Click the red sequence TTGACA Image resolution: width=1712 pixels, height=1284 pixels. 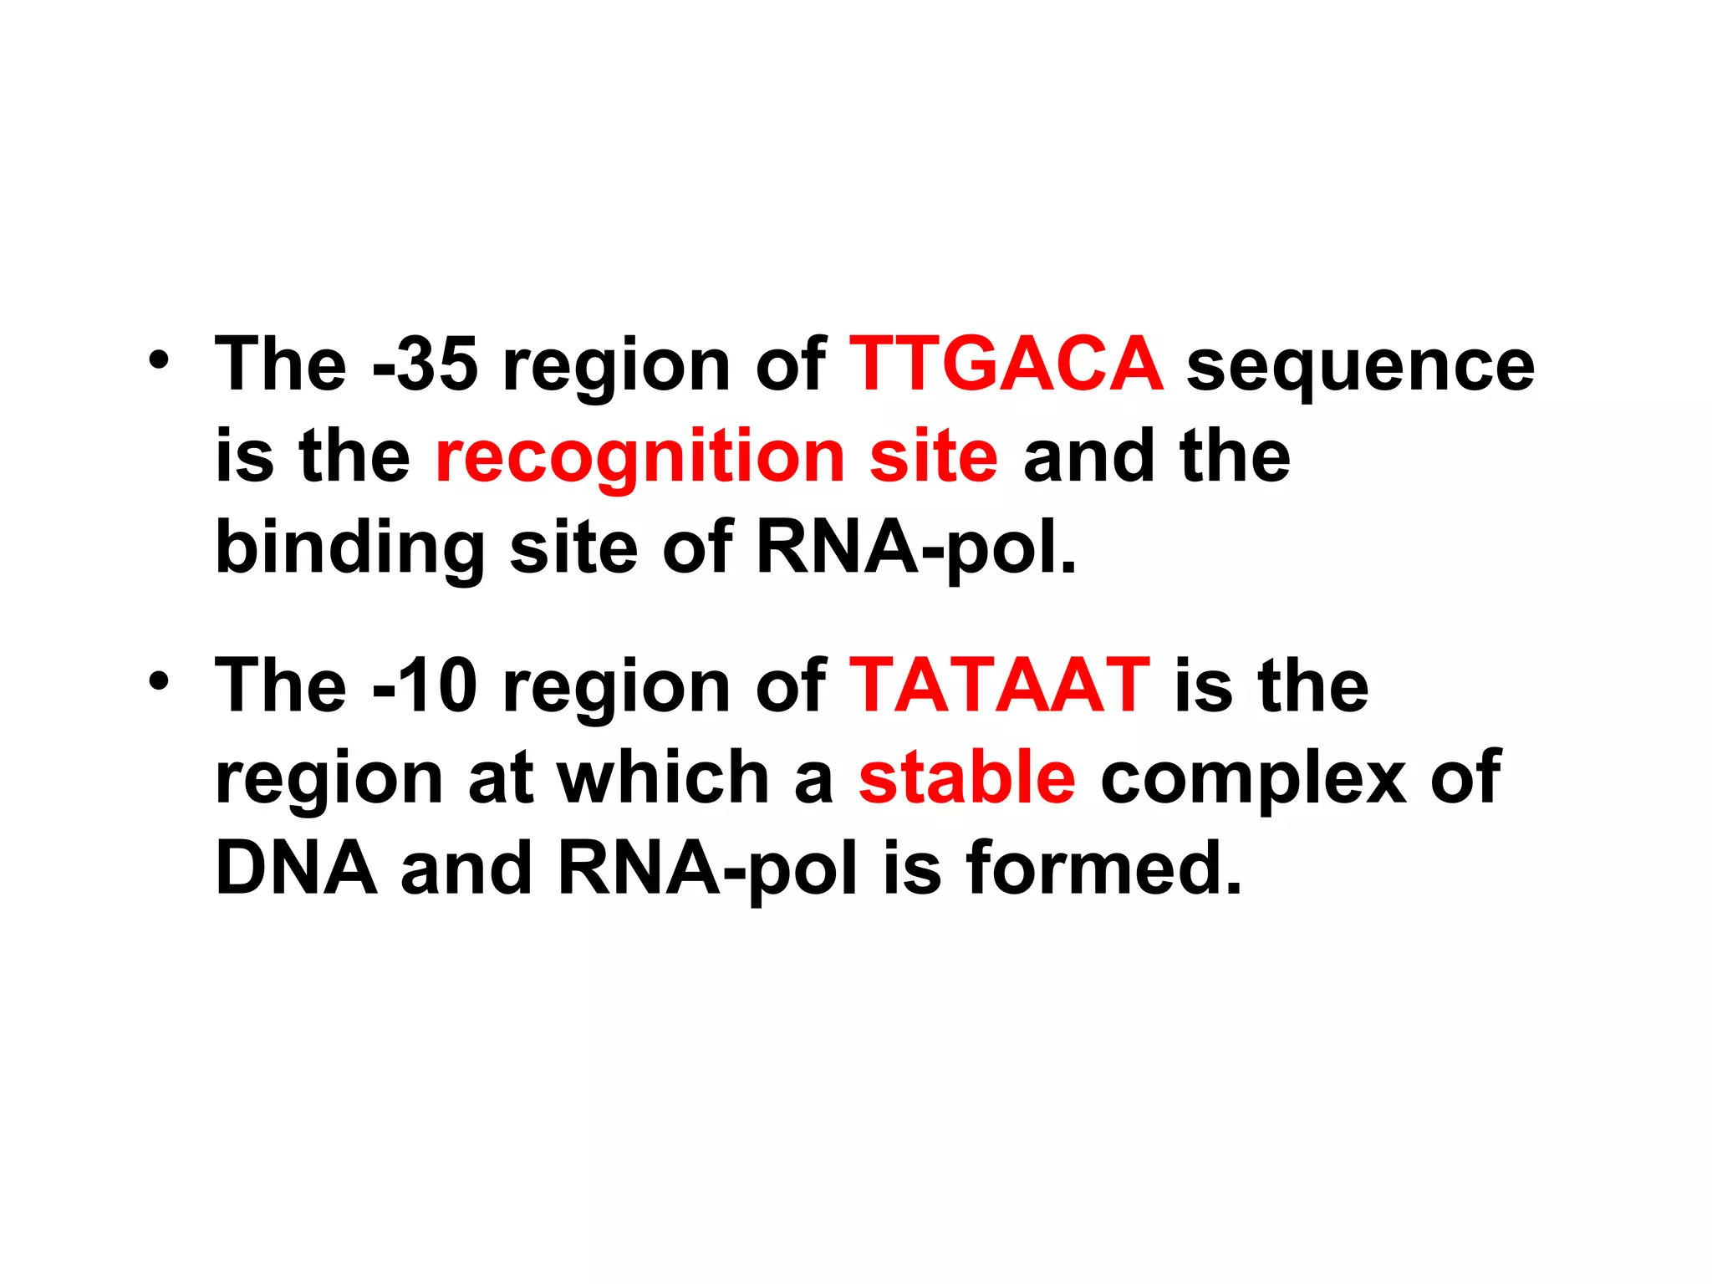(x=1006, y=364)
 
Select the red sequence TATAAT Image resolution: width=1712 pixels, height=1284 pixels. (x=999, y=685)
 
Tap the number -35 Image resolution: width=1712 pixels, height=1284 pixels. (x=425, y=364)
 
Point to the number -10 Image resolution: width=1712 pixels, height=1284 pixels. (x=425, y=685)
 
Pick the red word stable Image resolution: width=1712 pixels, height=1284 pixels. (x=966, y=777)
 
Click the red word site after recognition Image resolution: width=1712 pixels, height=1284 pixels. (x=933, y=456)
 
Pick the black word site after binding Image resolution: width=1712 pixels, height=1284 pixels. (x=573, y=548)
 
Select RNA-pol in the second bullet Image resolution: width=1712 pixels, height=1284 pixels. (x=707, y=869)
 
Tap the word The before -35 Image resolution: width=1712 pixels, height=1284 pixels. (x=281, y=364)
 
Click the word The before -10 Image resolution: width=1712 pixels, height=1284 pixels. (x=281, y=685)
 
